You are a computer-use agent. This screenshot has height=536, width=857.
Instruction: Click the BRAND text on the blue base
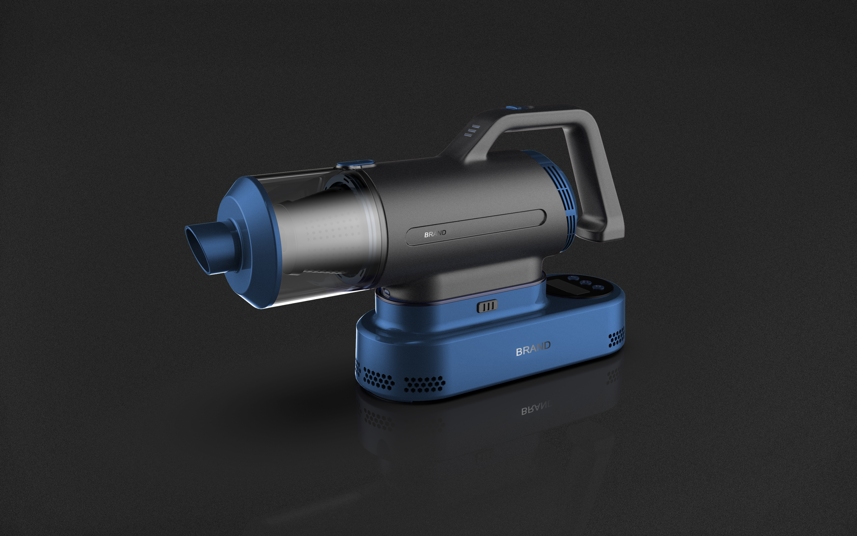point(533,349)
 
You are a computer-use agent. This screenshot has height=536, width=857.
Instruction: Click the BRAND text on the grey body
point(435,234)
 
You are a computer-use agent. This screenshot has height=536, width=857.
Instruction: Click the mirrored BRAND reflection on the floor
point(536,410)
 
